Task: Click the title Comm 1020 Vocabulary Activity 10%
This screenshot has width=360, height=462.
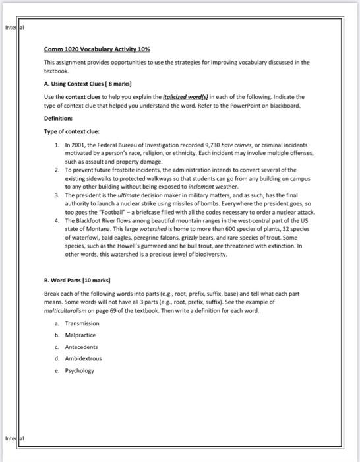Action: pos(97,49)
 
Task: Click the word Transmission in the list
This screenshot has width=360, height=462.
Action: pos(82,323)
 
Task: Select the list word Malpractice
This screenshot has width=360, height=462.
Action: pos(80,335)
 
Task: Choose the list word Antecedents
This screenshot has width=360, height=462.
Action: pos(81,347)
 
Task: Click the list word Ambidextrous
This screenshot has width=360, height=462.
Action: pos(83,358)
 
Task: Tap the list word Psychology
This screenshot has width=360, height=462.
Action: pos(80,370)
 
